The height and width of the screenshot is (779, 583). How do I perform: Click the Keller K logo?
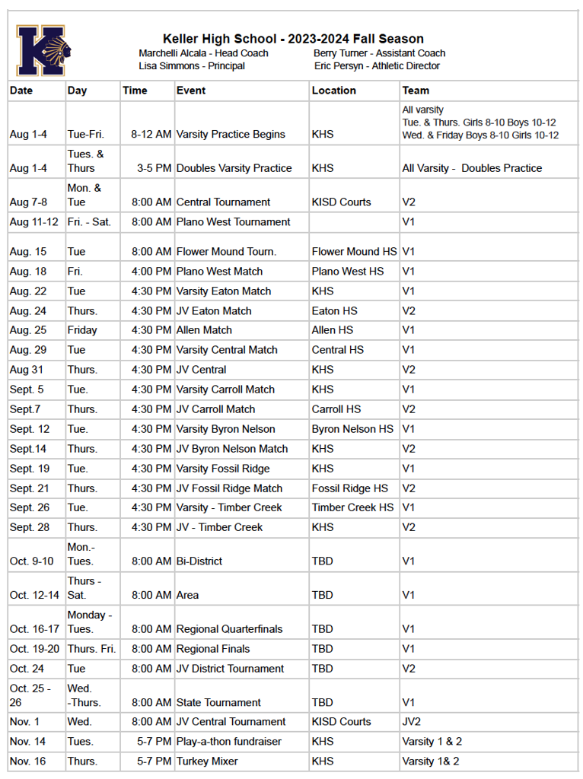coord(43,50)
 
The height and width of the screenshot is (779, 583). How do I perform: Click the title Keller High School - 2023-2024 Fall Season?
coord(293,39)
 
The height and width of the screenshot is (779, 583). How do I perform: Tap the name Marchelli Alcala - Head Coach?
coord(203,53)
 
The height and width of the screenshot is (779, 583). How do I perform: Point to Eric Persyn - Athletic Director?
coord(377,66)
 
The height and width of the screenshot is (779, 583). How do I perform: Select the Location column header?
coord(333,91)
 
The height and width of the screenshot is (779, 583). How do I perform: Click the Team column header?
coord(416,91)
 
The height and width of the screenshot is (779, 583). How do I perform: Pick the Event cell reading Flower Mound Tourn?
coord(226,252)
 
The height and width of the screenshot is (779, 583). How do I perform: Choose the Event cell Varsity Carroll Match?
coord(225,389)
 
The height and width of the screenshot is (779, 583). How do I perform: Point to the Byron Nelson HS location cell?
coord(352,429)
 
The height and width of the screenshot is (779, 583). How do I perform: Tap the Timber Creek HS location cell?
coord(352,507)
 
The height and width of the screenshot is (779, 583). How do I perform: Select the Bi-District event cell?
coord(199,561)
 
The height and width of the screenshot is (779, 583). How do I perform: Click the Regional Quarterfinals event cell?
coord(229,629)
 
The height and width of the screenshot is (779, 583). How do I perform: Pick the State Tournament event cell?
coord(218,703)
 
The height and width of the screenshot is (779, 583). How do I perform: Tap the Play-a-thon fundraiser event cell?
coord(228,742)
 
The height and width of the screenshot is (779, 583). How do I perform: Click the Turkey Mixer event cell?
coord(207,762)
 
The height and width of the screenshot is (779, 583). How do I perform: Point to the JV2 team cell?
coord(412,722)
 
